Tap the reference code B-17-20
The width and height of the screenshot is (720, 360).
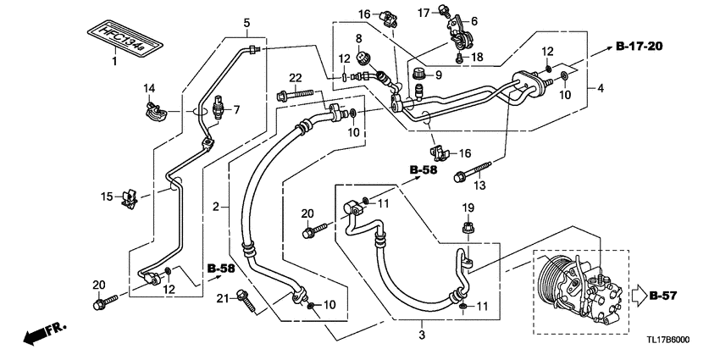[x=639, y=46]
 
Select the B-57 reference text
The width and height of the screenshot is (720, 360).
[x=662, y=296]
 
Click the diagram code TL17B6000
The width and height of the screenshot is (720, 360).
[x=667, y=341]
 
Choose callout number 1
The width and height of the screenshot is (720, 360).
[x=115, y=61]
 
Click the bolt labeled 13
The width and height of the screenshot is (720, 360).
[x=473, y=170]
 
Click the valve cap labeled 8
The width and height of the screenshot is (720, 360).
[x=363, y=59]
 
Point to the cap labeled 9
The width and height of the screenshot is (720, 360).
[x=418, y=74]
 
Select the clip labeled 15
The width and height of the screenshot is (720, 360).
[x=130, y=198]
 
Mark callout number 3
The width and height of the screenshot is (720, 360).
[x=422, y=335]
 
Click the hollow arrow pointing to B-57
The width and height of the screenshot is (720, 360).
[x=639, y=296]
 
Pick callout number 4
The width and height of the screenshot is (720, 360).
[x=601, y=88]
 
